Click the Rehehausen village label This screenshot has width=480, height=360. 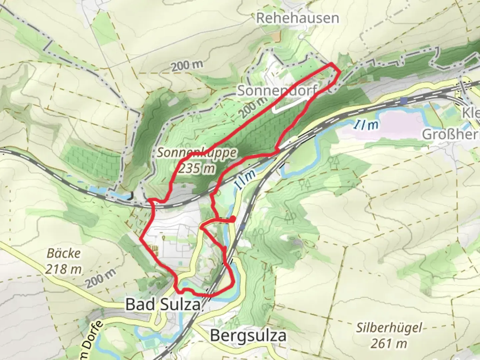pos(297,18)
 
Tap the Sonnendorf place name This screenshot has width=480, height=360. pos(277,90)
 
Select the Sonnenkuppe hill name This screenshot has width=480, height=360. pos(197,153)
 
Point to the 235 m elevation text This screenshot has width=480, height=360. pos(197,168)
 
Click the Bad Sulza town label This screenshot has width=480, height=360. pos(163,305)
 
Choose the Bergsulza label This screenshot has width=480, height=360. pos(248,335)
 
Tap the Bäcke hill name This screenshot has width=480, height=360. pos(64,253)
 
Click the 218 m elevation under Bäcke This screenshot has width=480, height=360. pos(64,269)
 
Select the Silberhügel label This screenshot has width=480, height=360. pos(389,328)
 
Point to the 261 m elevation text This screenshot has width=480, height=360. pos(389,343)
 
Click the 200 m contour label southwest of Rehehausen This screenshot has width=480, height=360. pos(187,66)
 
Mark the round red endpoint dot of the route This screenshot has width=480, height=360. pos(233,218)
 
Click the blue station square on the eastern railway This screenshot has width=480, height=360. pos(404,100)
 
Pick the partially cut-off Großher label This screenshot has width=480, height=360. pos(450,135)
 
